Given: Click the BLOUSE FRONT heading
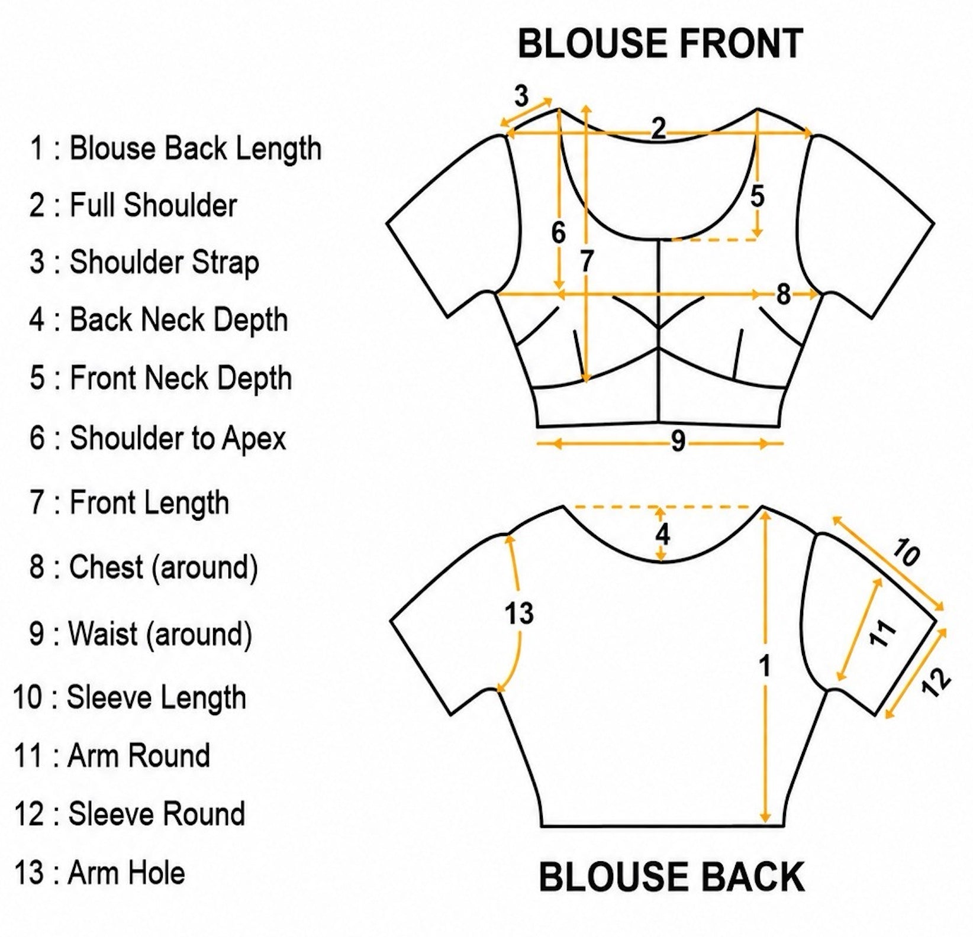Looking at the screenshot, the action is coord(660,43).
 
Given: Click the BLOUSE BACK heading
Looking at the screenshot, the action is coord(672,877).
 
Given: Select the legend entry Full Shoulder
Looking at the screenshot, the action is coord(133,205).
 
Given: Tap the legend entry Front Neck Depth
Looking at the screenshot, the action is coord(160,379).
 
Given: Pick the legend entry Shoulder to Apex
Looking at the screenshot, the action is coord(157,438).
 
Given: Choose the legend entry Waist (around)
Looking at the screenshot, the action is coord(141,634).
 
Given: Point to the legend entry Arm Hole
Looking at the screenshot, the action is coord(99,873).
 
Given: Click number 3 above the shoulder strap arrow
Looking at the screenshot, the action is coord(521,96).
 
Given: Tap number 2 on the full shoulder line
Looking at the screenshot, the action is coord(658,128).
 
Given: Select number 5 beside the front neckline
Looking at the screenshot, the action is coord(757,196).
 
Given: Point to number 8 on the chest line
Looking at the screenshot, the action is coord(783,294).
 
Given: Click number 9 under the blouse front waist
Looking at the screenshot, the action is coord(678,441).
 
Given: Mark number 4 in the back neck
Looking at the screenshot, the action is coord(662,534).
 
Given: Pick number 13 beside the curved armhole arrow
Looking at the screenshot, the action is coord(519,613).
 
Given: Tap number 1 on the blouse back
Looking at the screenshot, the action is coord(765,666).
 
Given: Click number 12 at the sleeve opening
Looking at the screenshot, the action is coord(936,682).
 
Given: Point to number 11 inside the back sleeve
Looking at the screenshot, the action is coord(882,634).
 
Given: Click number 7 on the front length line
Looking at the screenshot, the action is coord(586,261).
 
